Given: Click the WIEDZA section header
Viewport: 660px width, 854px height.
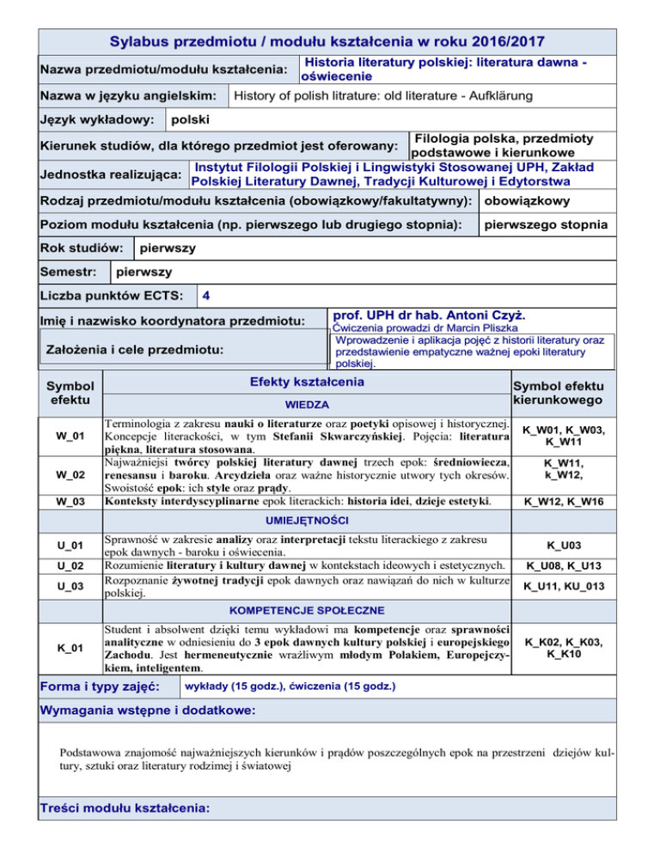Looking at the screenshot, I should (305, 402).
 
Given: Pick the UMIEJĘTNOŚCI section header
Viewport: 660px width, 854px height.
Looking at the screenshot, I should (305, 522).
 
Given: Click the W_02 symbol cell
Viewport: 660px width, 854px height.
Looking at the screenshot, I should (70, 474).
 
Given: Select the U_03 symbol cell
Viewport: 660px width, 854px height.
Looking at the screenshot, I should (70, 586).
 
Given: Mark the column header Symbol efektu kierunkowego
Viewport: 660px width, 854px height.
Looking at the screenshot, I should (558, 393).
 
